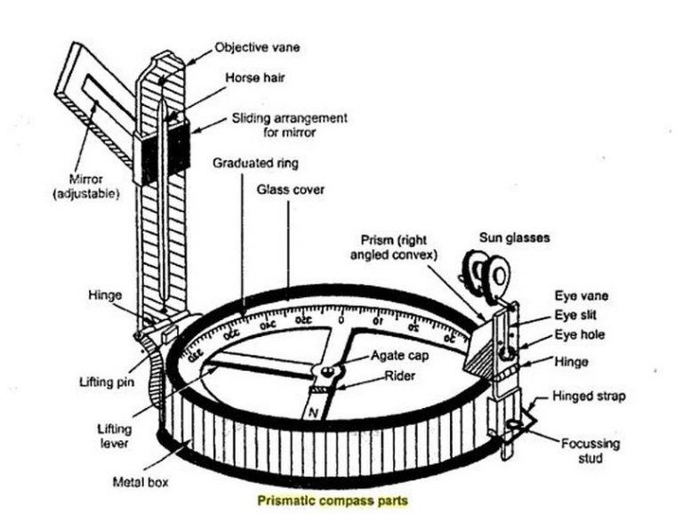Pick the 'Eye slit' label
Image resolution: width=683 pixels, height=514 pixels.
point(578,315)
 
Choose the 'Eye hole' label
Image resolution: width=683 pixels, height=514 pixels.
point(580,334)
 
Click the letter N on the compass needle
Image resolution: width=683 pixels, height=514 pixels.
point(314,413)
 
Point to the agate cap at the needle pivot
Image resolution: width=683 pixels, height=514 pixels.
point(330,371)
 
